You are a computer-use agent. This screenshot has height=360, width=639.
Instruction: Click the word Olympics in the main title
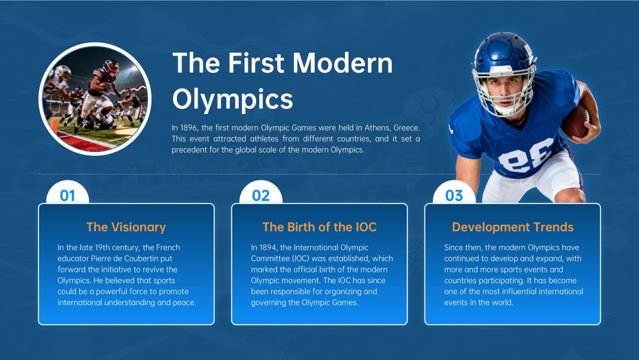[x=232, y=100]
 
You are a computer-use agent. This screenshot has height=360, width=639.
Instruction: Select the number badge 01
[x=68, y=195]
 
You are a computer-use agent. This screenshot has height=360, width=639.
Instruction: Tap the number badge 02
[x=261, y=195]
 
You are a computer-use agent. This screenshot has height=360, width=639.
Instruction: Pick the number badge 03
[x=454, y=195]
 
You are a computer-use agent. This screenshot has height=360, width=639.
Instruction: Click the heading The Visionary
[x=126, y=227]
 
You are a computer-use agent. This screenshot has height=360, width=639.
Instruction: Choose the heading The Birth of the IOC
[x=319, y=227]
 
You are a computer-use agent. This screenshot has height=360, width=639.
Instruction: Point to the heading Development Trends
[x=512, y=227]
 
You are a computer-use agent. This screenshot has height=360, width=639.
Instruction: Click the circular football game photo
[x=95, y=99]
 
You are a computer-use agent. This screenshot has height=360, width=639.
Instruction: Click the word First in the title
[x=248, y=63]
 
